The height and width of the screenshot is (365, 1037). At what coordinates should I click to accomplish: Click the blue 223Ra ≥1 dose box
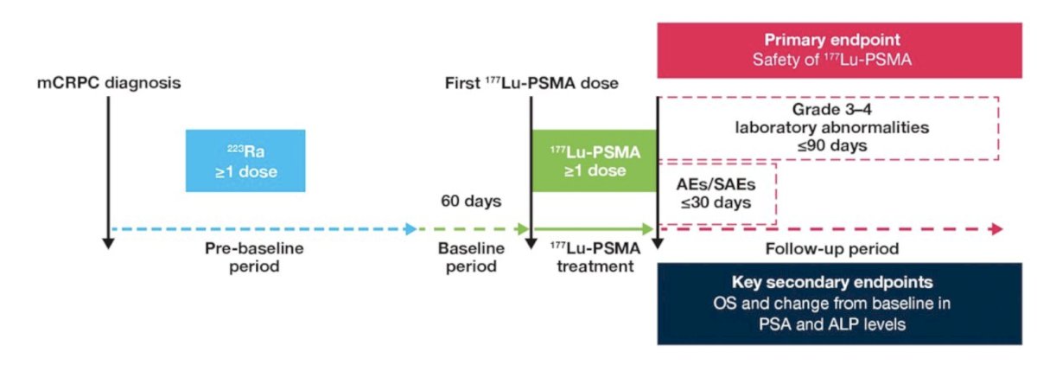pos(245,161)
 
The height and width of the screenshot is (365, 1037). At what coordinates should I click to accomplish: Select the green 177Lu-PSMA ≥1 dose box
pos(595,161)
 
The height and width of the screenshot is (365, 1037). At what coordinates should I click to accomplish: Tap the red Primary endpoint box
pos(839,50)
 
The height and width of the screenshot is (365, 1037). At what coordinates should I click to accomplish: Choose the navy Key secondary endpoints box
pos(839,304)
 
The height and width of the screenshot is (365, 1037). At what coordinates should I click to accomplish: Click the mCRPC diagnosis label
pos(109,83)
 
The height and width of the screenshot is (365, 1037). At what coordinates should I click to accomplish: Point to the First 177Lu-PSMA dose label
pos(531,83)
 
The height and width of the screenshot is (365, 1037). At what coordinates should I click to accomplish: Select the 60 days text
pos(471,201)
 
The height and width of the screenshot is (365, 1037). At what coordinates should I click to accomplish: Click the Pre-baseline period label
pos(254,257)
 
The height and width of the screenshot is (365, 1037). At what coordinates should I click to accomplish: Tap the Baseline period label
pos(471,257)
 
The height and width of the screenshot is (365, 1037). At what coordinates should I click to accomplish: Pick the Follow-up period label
pos(832,249)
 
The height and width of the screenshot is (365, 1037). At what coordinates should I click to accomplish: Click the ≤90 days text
pos(832,145)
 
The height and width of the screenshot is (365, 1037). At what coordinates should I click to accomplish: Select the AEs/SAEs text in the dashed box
pos(716,184)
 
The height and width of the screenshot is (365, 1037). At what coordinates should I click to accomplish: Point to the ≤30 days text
pos(716,202)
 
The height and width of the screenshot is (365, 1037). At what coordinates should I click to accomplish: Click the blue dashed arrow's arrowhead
pos(410,229)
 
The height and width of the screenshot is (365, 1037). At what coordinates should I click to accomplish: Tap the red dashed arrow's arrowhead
pos(997,229)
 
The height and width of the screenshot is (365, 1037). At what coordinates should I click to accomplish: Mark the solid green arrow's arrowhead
pos(647,229)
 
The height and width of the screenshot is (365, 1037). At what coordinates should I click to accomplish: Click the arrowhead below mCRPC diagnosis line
pos(108,244)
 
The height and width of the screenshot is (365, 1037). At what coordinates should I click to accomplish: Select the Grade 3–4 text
pos(832,109)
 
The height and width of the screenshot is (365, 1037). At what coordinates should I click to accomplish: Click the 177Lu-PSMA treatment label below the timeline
pos(595,257)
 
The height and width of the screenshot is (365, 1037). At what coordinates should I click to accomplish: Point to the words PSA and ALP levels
pos(832,323)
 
